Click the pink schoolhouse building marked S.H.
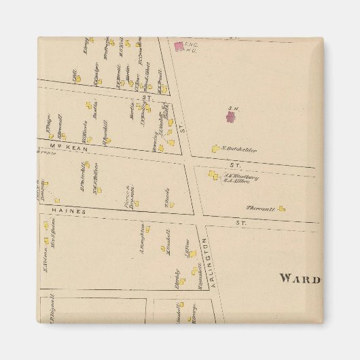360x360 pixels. (231, 117)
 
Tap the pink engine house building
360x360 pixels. (179, 46)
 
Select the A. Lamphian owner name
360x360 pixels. (141, 238)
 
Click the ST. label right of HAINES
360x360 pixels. (239, 222)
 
